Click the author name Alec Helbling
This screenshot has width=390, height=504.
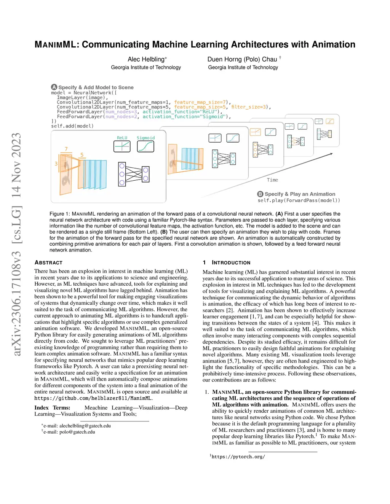tap(146, 59)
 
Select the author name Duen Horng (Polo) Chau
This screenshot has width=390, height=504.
tap(242, 59)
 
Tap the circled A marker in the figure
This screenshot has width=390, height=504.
tap(54, 87)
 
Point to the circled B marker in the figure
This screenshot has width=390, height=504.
tap(260, 194)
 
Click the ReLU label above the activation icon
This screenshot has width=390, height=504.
tap(122, 138)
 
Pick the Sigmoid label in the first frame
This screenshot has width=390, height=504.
tap(146, 138)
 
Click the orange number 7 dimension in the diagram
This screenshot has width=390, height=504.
tap(66, 149)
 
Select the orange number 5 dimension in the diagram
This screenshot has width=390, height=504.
tap(82, 155)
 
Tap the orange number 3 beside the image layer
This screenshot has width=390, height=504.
tap(56, 164)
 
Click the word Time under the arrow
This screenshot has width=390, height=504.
tap(272, 180)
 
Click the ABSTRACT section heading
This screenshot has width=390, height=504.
tap(48, 262)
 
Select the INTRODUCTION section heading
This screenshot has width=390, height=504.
tap(231, 262)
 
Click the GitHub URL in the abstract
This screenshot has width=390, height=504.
tap(93, 398)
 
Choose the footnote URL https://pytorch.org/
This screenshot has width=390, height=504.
tap(238, 456)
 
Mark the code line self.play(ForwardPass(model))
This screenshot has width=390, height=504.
tap(299, 200)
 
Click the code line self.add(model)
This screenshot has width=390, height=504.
tap(72, 126)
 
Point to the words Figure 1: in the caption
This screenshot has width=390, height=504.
tap(60, 214)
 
